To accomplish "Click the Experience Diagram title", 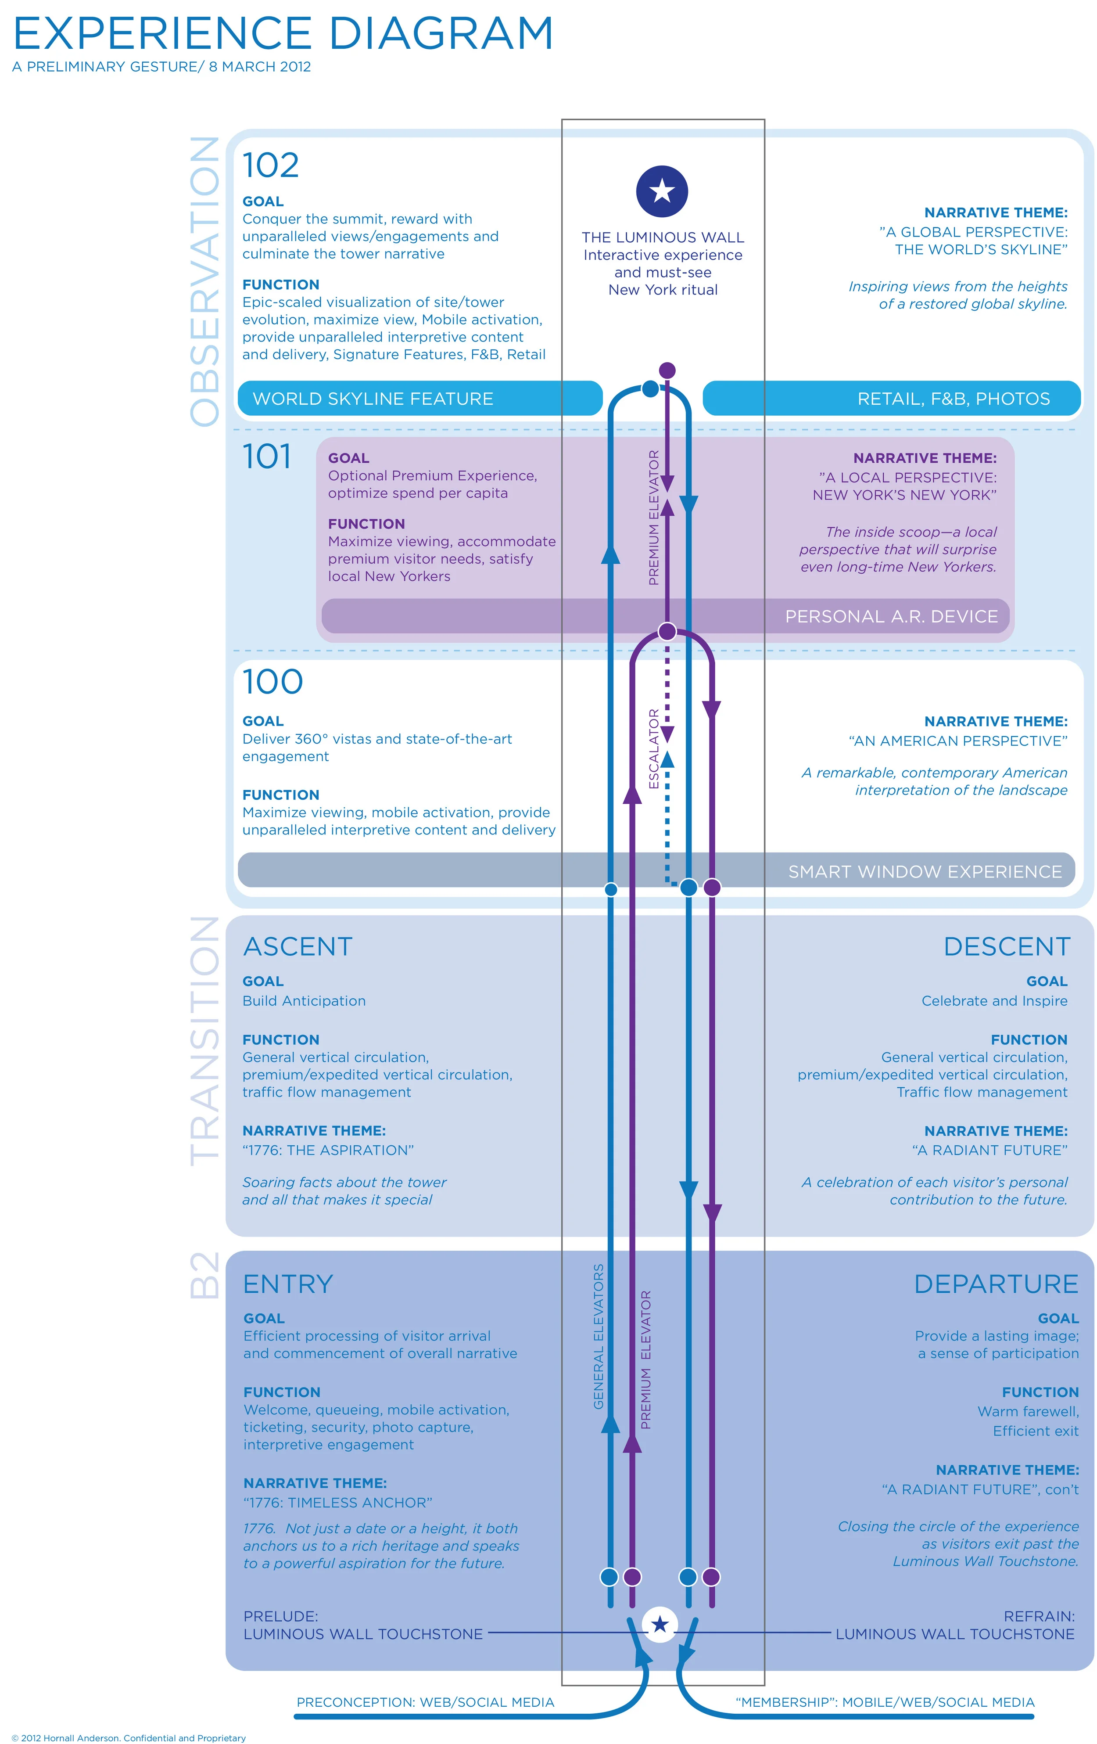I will pyautogui.click(x=283, y=34).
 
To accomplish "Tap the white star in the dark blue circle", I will pyautogui.click(x=662, y=191).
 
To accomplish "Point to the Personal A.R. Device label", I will pyautogui.click(x=891, y=616).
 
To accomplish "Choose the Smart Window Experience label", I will pyautogui.click(x=925, y=871).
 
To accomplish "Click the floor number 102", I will pyautogui.click(x=270, y=165).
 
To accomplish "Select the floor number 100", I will pyautogui.click(x=272, y=682).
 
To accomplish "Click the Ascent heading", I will pyautogui.click(x=298, y=946).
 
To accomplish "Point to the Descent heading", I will pyautogui.click(x=1007, y=946).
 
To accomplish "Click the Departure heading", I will pyautogui.click(x=996, y=1284).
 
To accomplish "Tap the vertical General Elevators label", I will pyautogui.click(x=598, y=1336).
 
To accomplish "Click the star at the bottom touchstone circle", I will pyautogui.click(x=660, y=1625).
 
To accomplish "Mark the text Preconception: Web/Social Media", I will pyautogui.click(x=425, y=1702).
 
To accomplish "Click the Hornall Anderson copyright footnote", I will pyautogui.click(x=129, y=1737).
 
